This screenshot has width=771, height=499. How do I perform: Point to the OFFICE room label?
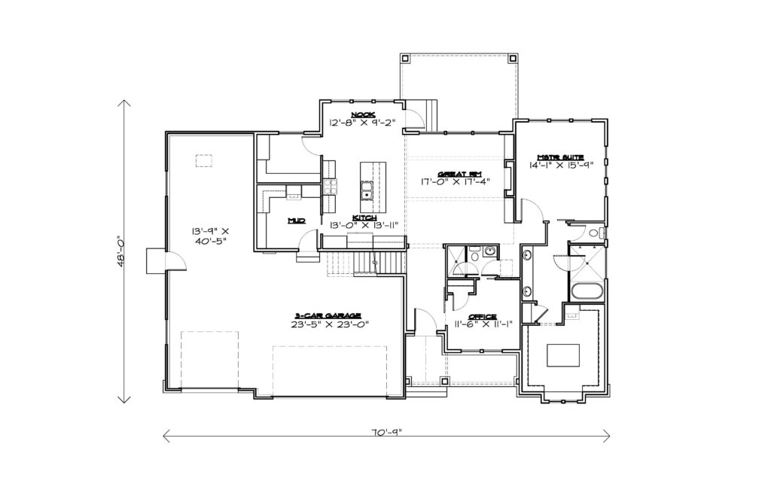tap(482, 317)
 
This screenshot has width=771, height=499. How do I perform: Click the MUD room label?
tap(297, 221)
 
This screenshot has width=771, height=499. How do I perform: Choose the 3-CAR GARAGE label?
tap(328, 315)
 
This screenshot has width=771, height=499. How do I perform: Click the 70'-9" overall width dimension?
tap(386, 433)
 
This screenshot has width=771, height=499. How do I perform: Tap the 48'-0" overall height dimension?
tap(121, 252)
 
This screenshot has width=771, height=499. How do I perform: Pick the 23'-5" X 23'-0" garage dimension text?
tap(330, 324)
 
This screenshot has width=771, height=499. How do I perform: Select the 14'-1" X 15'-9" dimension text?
tap(561, 165)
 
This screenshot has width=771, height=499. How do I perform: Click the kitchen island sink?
tap(367, 190)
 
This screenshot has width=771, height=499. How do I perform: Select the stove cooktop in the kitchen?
tap(330, 187)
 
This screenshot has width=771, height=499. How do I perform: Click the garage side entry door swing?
tap(176, 261)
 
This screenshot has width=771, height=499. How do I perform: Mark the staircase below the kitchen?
tap(367, 264)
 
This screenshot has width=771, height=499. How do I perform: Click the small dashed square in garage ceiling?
tap(203, 161)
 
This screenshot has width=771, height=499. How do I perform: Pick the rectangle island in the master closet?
tap(563, 355)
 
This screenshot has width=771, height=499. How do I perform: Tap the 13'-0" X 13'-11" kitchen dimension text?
tap(364, 226)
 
